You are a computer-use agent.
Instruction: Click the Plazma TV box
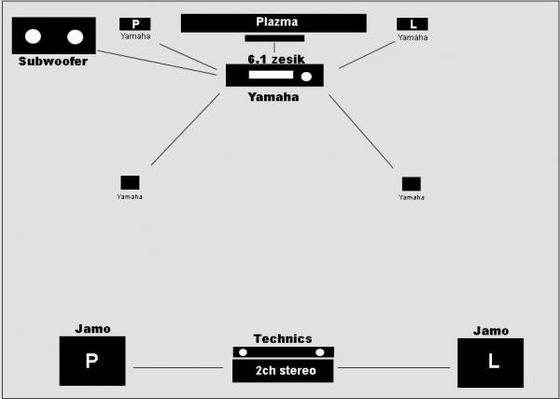[273, 23]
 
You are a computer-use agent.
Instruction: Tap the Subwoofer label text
[53, 61]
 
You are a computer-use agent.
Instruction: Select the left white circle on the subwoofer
[33, 36]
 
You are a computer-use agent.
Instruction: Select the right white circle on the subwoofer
[75, 36]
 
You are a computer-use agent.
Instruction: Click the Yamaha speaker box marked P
[135, 24]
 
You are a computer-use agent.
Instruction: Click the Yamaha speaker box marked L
[413, 24]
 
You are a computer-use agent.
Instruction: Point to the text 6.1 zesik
[276, 59]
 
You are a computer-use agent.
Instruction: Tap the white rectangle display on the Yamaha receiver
[271, 75]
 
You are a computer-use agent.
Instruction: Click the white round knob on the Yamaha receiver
[306, 77]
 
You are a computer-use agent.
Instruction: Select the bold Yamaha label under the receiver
[273, 97]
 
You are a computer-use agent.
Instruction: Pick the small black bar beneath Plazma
[274, 38]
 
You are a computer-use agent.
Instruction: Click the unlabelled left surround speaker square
[130, 183]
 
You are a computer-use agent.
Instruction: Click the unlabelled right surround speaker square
[412, 184]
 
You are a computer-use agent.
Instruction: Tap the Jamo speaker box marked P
[92, 361]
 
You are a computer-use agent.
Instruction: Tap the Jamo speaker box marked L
[491, 363]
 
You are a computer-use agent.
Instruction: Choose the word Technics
[283, 338]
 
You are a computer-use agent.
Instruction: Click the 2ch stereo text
[286, 370]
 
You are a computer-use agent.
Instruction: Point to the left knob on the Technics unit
[243, 352]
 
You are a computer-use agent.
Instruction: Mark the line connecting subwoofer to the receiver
[157, 63]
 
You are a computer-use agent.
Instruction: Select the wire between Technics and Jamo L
[394, 367]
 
